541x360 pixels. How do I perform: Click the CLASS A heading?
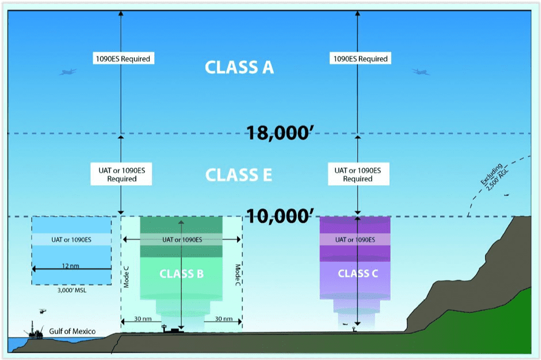(x=239, y=67)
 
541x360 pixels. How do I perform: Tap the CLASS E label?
(x=239, y=175)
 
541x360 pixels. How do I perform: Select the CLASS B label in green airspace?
(x=181, y=273)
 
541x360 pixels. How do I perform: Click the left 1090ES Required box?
(x=122, y=58)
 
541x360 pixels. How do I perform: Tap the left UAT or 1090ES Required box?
(x=122, y=174)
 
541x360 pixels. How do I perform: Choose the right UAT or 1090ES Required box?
(x=358, y=174)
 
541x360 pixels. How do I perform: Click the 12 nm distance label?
(x=70, y=266)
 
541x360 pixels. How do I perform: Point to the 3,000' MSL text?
(x=71, y=290)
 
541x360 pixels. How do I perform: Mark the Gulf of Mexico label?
(x=72, y=331)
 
